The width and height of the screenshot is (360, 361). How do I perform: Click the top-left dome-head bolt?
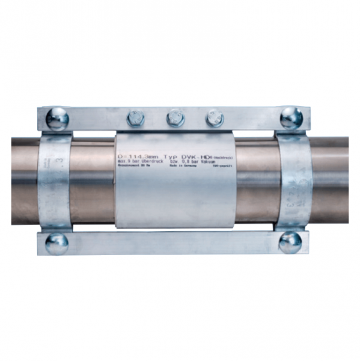(x=57, y=118)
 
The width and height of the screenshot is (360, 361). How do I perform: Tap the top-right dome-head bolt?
(x=291, y=117)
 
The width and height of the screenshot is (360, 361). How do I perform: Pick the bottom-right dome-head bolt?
(x=290, y=242)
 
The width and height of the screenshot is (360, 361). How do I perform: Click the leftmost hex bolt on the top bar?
(x=136, y=118)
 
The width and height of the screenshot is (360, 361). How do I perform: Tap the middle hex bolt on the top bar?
(x=175, y=117)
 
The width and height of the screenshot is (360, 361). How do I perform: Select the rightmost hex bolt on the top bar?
(x=215, y=118)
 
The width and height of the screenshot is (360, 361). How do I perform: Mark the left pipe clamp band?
(x=55, y=180)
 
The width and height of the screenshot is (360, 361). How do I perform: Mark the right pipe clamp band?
(x=293, y=180)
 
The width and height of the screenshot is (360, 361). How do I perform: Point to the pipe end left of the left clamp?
(x=24, y=180)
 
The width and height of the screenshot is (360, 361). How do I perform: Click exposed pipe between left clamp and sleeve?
(x=93, y=180)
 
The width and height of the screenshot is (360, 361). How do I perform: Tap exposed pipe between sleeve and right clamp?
(x=255, y=180)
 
